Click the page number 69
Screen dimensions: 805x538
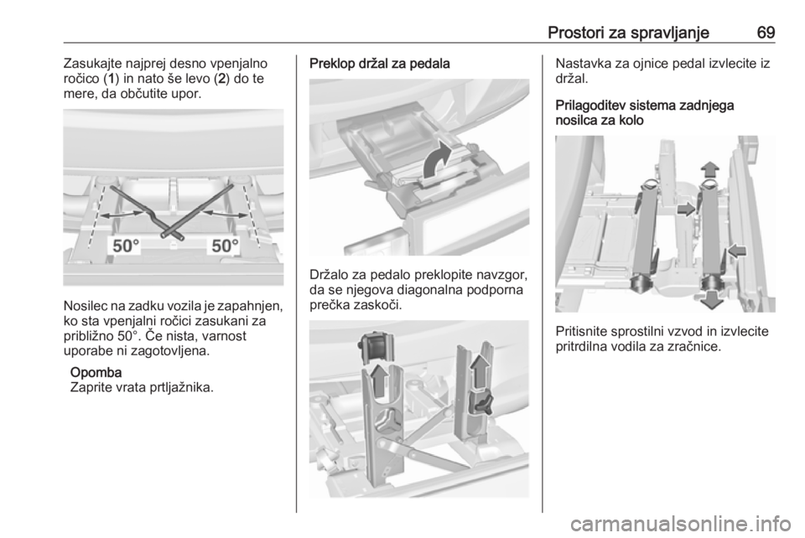coord(766,33)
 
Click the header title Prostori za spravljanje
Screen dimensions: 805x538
coord(628,34)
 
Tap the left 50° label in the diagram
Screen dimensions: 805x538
coord(126,246)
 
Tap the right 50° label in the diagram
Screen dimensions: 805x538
coord(226,246)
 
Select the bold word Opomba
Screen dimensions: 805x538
coord(96,372)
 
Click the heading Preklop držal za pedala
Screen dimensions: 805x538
coord(379,64)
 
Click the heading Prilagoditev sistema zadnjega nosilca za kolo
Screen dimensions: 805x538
coord(645,113)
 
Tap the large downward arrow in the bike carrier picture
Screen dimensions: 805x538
coord(712,298)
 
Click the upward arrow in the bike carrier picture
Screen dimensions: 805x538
coord(711,169)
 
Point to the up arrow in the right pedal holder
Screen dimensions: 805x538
coord(481,370)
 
